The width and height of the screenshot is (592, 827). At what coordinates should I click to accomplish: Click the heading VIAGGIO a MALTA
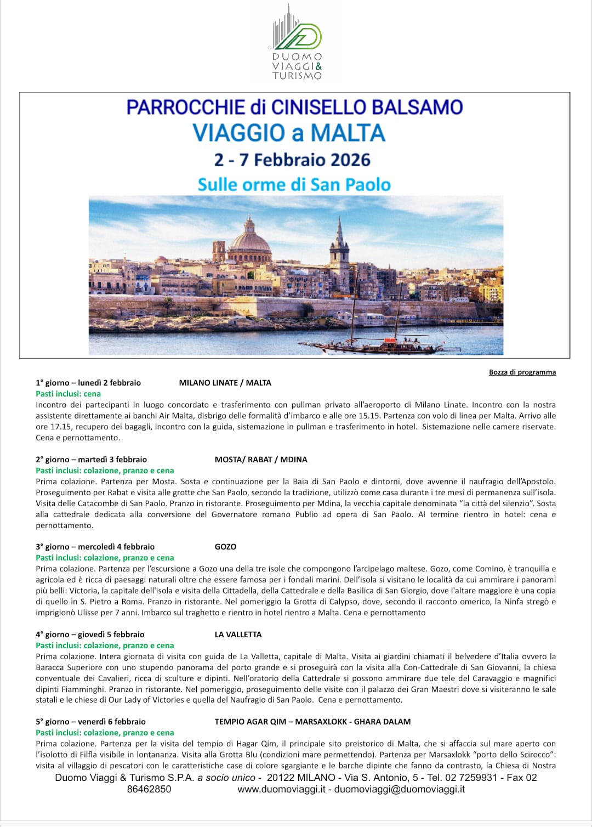pyautogui.click(x=289, y=133)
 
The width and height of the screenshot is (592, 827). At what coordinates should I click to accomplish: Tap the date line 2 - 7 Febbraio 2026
pyautogui.click(x=292, y=160)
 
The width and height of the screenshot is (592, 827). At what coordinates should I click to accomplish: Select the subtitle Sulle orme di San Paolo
pyautogui.click(x=294, y=184)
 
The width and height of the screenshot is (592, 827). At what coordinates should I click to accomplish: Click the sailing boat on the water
pyautogui.click(x=378, y=343)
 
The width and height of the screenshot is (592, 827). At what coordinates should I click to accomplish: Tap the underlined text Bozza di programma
pyautogui.click(x=522, y=372)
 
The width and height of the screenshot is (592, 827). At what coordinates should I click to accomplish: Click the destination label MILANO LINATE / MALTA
pyautogui.click(x=225, y=383)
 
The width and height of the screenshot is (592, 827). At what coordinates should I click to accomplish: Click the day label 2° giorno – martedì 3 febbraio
pyautogui.click(x=91, y=460)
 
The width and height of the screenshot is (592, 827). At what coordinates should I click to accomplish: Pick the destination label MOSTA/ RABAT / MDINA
pyautogui.click(x=261, y=460)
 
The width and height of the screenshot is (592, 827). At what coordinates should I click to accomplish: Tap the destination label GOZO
pyautogui.click(x=225, y=547)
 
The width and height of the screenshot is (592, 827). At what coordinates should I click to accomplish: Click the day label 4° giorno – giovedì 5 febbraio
pyautogui.click(x=90, y=635)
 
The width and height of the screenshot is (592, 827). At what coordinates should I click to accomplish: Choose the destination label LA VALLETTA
pyautogui.click(x=238, y=635)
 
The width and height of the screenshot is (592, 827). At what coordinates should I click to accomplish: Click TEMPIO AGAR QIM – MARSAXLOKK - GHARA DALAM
pyautogui.click(x=312, y=722)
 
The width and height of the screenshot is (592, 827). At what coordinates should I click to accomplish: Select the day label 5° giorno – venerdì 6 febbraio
pyautogui.click(x=90, y=722)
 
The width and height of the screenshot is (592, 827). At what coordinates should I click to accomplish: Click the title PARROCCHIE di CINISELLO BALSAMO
pyautogui.click(x=294, y=107)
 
